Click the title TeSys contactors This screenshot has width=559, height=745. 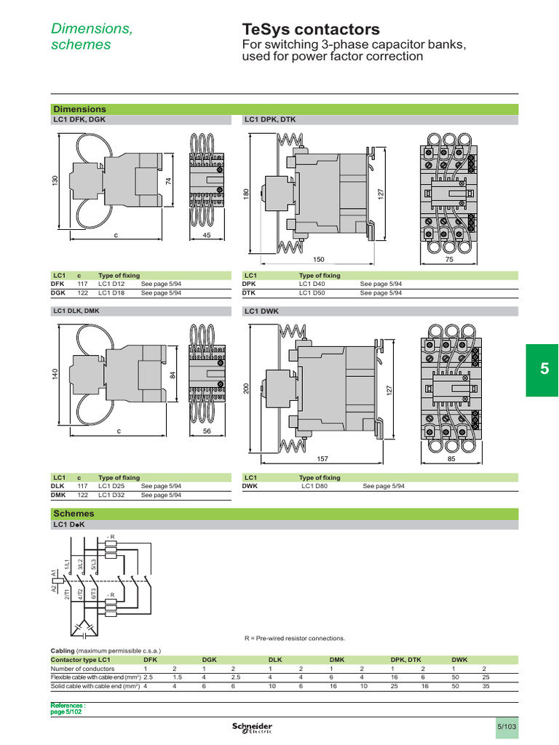(310, 30)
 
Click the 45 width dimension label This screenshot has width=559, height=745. (206, 236)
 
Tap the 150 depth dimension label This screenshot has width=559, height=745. (319, 259)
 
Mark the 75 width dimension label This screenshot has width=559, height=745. (449, 259)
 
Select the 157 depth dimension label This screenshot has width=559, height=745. (323, 459)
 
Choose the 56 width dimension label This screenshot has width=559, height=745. (206, 431)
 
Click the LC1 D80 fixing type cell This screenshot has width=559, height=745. (314, 486)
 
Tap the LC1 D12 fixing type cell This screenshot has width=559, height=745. (111, 284)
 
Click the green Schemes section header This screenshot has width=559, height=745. (284, 514)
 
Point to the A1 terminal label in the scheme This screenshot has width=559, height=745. (54, 574)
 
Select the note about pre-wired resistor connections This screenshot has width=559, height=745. (294, 638)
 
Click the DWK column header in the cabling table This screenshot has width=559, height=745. (460, 659)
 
